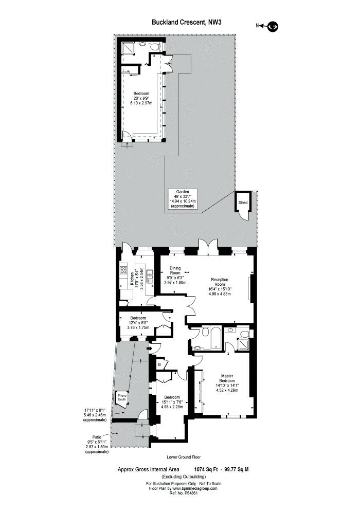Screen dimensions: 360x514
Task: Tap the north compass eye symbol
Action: (x=273, y=27)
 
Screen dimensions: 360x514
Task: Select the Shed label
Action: (x=243, y=203)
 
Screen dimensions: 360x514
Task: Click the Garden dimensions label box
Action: (x=182, y=199)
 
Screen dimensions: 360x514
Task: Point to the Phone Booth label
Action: (x=122, y=397)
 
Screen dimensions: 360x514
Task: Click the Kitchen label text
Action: (x=132, y=279)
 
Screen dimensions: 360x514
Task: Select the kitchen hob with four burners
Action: (x=123, y=270)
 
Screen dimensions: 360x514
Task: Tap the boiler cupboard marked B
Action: (x=159, y=364)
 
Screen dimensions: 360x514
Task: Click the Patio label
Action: (x=97, y=437)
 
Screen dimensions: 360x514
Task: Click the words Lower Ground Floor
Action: (x=184, y=457)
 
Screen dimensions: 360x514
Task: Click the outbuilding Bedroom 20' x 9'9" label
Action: (x=141, y=98)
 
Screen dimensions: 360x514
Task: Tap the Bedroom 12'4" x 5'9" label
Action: (x=138, y=323)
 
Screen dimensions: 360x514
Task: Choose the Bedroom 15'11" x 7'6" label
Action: (x=172, y=402)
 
